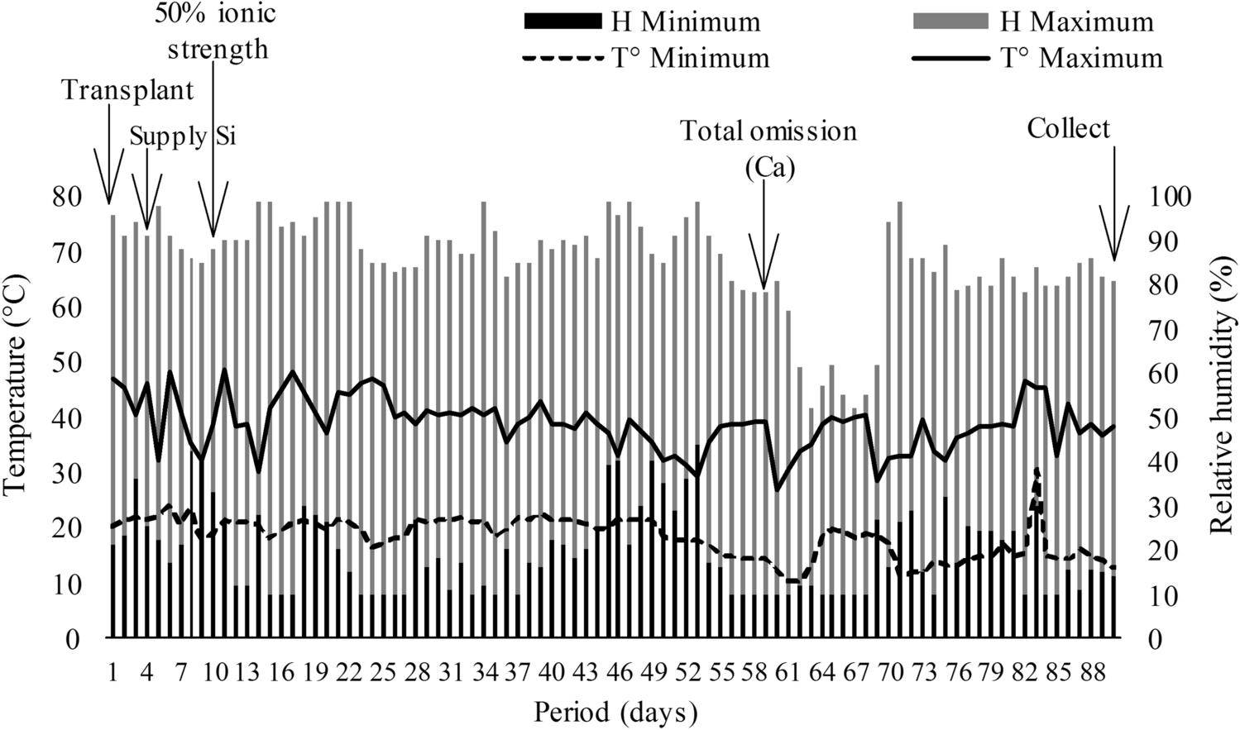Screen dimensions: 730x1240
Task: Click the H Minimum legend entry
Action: [x=642, y=21]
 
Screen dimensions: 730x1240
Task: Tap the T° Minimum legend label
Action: [x=646, y=58]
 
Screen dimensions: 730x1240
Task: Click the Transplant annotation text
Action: [x=128, y=89]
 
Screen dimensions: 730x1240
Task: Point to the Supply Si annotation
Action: [x=183, y=135]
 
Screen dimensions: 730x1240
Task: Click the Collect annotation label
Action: [x=1069, y=128]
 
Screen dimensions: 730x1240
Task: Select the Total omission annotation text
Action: [x=768, y=131]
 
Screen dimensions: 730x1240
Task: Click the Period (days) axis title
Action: [x=615, y=712]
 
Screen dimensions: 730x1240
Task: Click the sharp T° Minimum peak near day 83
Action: [x=1037, y=470]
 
